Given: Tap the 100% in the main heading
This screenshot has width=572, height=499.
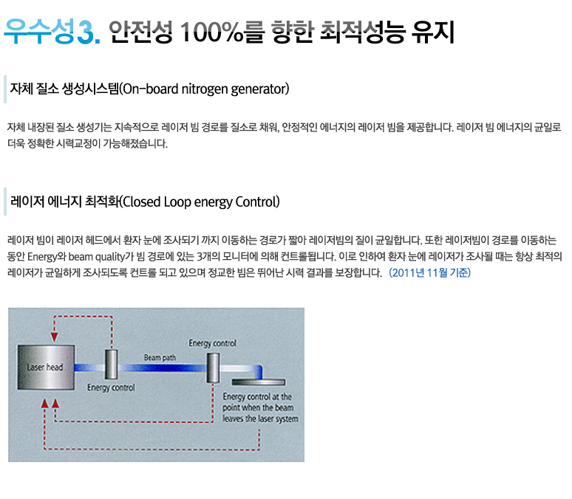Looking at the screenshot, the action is (x=211, y=32).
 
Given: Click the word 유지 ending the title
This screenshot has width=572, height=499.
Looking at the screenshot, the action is (x=433, y=32).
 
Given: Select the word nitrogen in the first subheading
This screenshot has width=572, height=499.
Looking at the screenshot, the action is (x=204, y=89).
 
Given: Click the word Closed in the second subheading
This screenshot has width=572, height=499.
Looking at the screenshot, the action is (x=142, y=202).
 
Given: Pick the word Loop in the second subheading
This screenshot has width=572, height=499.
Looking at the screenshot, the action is (x=177, y=202).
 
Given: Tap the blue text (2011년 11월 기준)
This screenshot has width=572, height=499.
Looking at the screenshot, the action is (x=429, y=272).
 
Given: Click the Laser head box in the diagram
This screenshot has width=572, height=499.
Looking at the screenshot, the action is (x=47, y=368).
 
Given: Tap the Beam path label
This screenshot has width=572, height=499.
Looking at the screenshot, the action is (x=160, y=357).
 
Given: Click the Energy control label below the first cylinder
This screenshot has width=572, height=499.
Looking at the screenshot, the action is (x=111, y=388).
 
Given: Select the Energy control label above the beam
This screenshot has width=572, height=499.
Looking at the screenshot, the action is (x=212, y=343).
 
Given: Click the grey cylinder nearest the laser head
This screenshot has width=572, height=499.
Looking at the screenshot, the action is (x=112, y=364).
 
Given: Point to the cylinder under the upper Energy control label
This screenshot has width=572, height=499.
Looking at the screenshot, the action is (x=213, y=368).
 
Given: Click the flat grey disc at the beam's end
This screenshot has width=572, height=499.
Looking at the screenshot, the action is (x=259, y=382).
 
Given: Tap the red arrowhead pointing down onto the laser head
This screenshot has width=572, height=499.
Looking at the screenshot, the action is (x=55, y=337).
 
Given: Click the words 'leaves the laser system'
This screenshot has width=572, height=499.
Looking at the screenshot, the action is (x=260, y=419).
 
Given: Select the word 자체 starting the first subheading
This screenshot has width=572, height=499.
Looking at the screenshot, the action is (x=21, y=89).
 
